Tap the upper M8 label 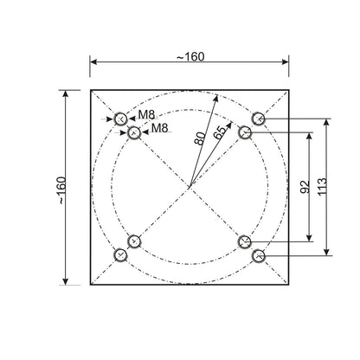coord(149,115)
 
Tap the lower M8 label coord(159,129)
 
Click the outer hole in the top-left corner coord(120,118)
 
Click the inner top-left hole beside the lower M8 coord(133,132)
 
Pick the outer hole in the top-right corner coord(257,118)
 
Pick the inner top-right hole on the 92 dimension coord(245,132)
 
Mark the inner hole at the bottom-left coord(133,241)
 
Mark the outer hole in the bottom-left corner coord(120,255)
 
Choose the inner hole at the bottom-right coord(245,241)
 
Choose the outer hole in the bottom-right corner coord(257,255)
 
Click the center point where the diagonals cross coord(189,186)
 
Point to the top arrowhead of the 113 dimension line coord(326,121)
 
